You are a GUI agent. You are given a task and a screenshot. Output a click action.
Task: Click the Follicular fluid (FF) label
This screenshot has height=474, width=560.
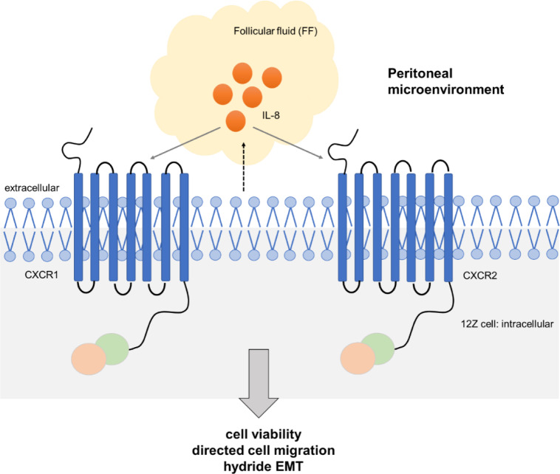(276, 32)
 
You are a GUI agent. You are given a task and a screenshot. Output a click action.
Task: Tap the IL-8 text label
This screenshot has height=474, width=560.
(270, 115)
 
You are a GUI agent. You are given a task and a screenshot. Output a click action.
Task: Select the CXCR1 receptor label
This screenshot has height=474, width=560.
(41, 275)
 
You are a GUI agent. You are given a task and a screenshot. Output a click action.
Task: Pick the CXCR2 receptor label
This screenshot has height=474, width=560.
(479, 275)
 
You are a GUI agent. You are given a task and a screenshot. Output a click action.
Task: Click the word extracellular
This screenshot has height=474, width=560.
(32, 188)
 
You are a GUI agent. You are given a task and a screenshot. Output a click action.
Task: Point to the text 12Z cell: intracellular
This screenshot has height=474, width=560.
(507, 324)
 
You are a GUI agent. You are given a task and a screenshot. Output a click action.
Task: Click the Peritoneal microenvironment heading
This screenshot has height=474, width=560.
(445, 81)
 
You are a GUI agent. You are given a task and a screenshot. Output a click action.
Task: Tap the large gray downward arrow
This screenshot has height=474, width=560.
(259, 383)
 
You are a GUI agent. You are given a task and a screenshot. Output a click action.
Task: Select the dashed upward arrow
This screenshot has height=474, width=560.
(244, 167)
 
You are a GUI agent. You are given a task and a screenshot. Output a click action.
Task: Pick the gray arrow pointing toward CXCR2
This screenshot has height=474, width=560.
(288, 142)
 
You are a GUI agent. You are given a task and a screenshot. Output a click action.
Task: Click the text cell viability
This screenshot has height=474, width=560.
(264, 434)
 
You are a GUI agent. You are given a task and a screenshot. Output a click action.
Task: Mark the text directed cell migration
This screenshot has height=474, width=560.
(264, 450)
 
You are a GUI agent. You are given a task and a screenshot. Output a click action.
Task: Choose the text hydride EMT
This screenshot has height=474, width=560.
(264, 466)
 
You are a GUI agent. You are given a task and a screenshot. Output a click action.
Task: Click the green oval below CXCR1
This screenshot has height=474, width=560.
(112, 348)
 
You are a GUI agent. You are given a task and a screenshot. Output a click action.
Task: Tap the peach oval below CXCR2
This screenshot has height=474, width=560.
(358, 358)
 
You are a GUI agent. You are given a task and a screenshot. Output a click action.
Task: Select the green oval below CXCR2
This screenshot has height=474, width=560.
(378, 348)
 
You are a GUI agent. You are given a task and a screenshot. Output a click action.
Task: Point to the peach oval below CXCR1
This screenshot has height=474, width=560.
(89, 359)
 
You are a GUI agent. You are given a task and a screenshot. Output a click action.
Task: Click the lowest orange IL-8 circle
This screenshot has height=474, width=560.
(236, 121)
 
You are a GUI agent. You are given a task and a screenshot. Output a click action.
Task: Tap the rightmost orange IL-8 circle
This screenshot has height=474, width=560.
(272, 78)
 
